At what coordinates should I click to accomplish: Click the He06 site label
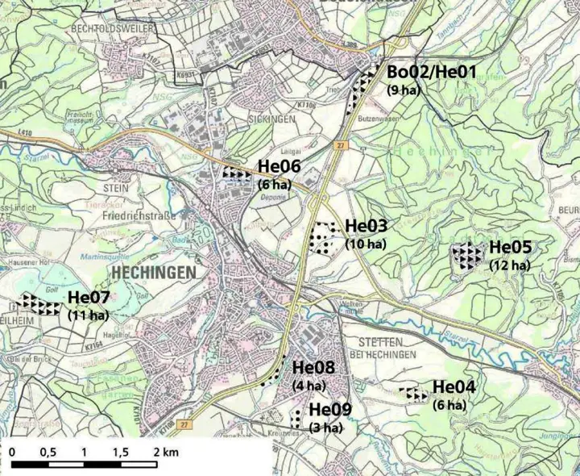[x=280, y=167]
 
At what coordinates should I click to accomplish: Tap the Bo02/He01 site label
[x=433, y=72]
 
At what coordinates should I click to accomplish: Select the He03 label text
[x=366, y=226]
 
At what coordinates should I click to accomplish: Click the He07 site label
[x=89, y=297]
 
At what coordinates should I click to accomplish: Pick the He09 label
[x=330, y=410]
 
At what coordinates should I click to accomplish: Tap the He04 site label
[x=454, y=388]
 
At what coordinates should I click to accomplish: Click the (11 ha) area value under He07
[x=88, y=315]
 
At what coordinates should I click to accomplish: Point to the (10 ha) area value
[x=365, y=243]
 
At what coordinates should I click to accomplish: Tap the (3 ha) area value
[x=327, y=428]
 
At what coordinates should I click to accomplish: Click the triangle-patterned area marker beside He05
[x=468, y=255]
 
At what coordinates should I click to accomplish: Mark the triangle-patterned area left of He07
[x=39, y=304]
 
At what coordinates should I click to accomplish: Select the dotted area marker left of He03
[x=323, y=238]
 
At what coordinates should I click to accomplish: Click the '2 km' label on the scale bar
[x=165, y=452]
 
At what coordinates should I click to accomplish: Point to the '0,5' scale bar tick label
[x=49, y=452]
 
